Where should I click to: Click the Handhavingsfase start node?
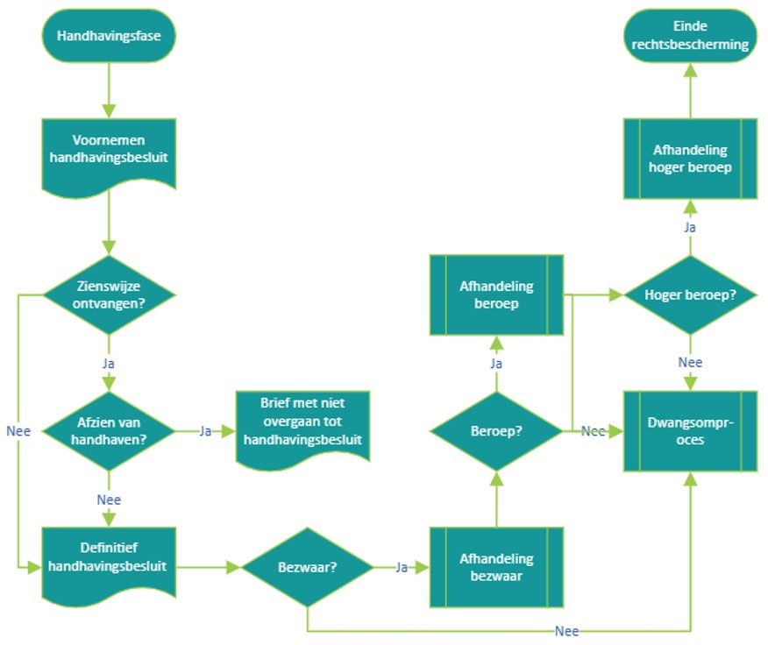point(110,36)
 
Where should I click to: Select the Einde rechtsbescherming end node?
point(690,36)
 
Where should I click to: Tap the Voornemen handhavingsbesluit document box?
point(110,151)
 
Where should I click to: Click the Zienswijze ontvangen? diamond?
point(110,294)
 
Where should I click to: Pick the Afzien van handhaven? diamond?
point(110,430)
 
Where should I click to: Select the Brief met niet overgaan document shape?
point(303,426)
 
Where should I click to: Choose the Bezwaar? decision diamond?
point(308,567)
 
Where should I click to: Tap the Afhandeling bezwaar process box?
point(496,567)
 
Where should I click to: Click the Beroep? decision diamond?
point(496,430)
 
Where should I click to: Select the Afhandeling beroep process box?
point(496,294)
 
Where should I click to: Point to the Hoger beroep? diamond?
point(690,294)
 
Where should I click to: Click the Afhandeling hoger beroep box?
point(690,159)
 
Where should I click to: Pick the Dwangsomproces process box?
point(690,430)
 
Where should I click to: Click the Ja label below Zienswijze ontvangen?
point(110,363)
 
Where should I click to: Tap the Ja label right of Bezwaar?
point(402,568)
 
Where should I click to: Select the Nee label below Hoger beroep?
point(690,363)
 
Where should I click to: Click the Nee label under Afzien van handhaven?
point(110,500)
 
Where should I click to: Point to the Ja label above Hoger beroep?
point(690,227)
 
